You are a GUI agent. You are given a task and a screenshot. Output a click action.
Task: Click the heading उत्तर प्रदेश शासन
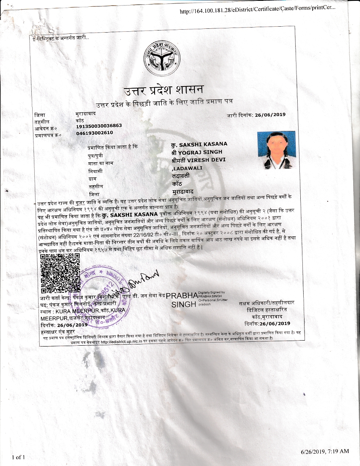point(163,90)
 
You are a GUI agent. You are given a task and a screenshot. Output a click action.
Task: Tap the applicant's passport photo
point(277,150)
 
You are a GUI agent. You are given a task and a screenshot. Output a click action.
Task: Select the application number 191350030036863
point(99,126)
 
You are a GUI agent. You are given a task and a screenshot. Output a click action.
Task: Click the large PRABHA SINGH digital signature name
point(182,300)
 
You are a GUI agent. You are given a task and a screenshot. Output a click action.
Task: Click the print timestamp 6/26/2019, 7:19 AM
point(325,451)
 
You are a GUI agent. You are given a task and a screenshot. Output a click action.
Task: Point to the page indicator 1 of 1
point(19,457)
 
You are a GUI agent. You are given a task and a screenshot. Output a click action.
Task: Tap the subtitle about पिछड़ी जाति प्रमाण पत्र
point(164,102)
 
